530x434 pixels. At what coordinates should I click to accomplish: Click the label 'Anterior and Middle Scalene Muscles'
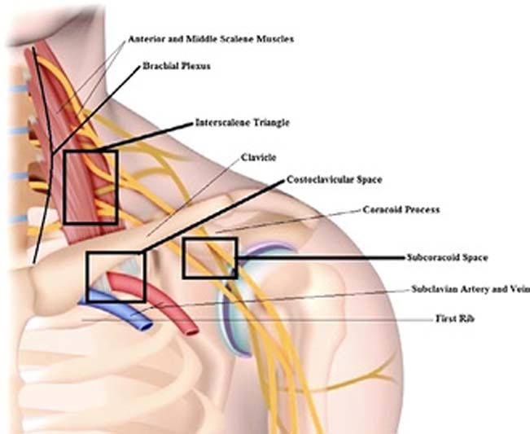210,38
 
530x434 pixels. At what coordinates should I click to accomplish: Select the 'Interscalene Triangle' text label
242,123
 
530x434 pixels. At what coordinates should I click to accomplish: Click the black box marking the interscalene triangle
91,187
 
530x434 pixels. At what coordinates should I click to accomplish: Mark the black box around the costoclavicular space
116,277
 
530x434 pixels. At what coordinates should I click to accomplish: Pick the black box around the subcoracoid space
209,257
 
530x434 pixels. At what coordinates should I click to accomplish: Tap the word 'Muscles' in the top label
274,38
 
